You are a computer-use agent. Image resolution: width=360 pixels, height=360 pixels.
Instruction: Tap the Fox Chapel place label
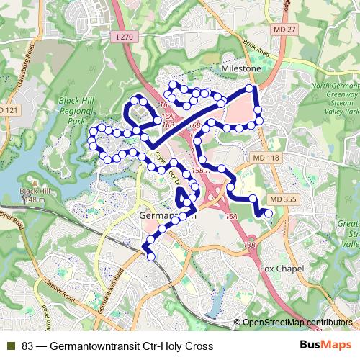pyautogui.click(x=282, y=269)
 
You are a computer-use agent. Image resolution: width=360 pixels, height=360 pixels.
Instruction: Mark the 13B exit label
pyautogui.click(x=250, y=246)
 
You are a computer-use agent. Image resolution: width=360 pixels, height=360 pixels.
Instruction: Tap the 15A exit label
pyautogui.click(x=230, y=217)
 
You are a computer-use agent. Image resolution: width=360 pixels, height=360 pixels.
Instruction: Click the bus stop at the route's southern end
pyautogui.click(x=151, y=256)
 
